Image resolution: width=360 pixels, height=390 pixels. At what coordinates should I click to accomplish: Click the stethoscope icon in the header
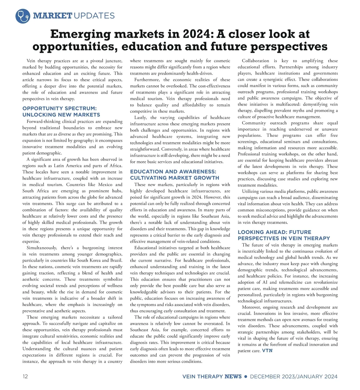[23, 16]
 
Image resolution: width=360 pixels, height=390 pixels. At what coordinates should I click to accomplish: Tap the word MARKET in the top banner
[53, 16]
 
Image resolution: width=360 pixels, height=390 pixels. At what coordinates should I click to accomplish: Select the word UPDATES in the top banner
[94, 16]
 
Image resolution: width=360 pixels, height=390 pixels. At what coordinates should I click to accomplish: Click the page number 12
[25, 376]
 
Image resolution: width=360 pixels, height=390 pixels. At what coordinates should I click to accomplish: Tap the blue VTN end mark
[267, 350]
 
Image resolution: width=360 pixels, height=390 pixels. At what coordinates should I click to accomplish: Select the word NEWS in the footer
[233, 376]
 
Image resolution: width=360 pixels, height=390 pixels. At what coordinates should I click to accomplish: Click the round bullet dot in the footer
[246, 376]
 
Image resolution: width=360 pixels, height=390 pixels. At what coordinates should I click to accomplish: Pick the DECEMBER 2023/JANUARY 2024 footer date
[294, 376]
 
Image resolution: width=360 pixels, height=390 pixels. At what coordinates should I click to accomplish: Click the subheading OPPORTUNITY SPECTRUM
[59, 108]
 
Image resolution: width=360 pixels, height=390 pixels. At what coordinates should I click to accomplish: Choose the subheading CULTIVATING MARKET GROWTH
[175, 178]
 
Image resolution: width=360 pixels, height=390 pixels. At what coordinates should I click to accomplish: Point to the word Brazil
[116, 260]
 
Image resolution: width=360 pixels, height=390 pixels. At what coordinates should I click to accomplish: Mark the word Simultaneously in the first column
[42, 247]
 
